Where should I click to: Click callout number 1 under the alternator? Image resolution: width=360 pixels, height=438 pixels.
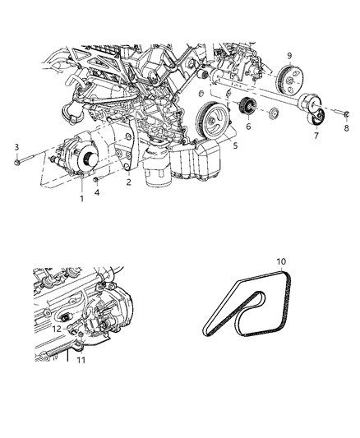point(81,199)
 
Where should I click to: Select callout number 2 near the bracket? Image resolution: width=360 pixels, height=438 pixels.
point(127,183)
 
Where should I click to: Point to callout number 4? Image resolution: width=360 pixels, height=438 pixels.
point(97,193)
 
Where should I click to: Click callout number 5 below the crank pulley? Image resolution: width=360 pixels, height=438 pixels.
point(235,146)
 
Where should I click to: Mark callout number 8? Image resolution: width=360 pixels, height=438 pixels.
point(346,128)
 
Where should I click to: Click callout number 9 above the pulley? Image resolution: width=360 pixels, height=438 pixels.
point(288,56)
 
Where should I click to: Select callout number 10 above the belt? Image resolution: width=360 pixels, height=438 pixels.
point(281,262)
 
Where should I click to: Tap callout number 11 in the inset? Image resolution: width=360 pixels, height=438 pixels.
point(81,360)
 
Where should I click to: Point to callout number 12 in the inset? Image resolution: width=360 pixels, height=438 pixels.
point(57,329)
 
